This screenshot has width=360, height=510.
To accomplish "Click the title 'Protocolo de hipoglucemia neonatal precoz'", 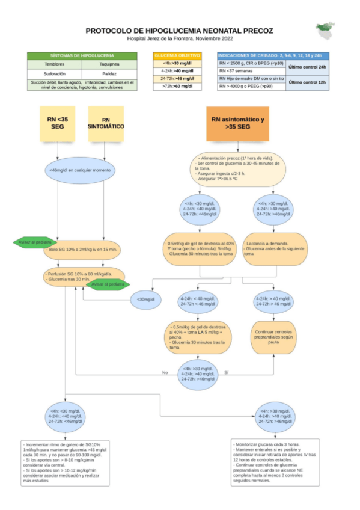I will click(x=179, y=30).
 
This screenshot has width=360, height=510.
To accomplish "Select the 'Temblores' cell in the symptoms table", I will click(x=55, y=64).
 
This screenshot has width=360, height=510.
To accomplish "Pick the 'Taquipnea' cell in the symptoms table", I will click(x=109, y=64).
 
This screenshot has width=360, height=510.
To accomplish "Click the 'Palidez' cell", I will click(x=109, y=73).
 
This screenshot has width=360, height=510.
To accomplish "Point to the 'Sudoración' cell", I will click(x=55, y=73).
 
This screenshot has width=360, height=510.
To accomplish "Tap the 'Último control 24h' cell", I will click(x=308, y=67).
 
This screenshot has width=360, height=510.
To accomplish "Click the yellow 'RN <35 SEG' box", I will click(x=57, y=124).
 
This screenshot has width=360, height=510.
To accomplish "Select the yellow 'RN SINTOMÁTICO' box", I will click(x=106, y=124).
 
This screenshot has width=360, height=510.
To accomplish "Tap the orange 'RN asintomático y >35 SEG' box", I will click(x=237, y=124).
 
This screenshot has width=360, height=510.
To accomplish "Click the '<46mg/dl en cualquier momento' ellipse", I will click(x=80, y=170).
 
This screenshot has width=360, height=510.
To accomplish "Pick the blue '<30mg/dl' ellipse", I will click(x=145, y=299).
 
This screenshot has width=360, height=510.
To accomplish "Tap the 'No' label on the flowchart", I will click(x=165, y=372).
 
